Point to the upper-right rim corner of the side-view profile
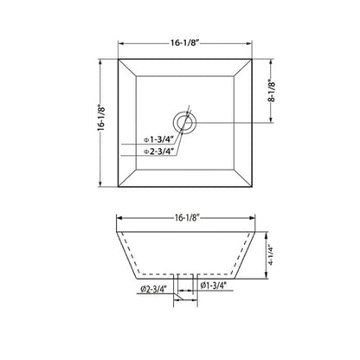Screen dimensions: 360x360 (260, 232)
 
